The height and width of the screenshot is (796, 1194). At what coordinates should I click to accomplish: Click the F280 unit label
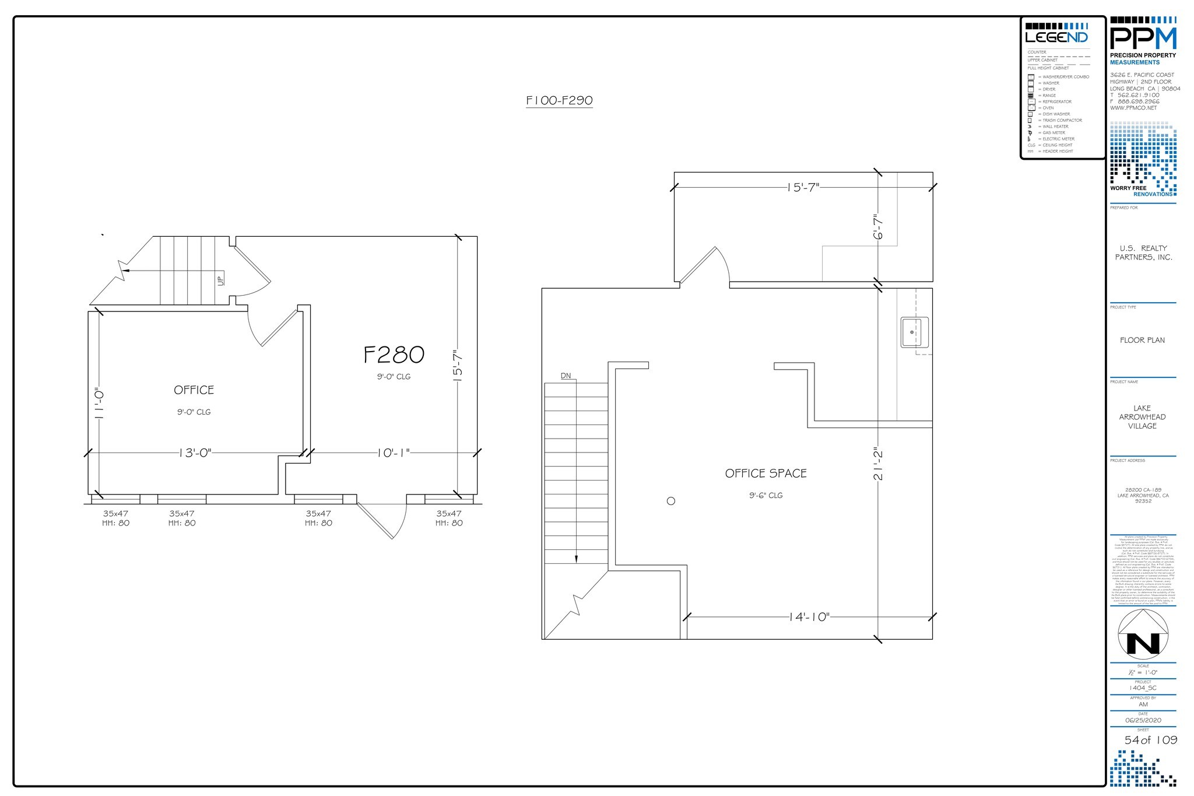point(394,355)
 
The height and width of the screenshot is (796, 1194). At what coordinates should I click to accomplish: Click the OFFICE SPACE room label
point(765,474)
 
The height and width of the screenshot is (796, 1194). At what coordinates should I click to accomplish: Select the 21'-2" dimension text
point(879,464)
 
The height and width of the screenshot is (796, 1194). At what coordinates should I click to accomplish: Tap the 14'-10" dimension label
point(809,617)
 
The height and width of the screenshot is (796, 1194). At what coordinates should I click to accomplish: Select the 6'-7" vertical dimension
point(879,227)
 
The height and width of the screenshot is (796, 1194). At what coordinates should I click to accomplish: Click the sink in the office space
point(914,332)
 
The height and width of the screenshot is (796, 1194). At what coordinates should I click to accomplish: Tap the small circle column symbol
point(671,501)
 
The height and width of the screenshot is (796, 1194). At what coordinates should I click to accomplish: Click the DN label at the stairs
point(566,376)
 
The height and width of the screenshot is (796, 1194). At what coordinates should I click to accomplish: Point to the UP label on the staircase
point(220,280)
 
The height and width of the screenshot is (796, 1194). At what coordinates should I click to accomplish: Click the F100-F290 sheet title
point(559,100)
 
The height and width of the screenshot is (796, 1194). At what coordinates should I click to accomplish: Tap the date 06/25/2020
point(1143,720)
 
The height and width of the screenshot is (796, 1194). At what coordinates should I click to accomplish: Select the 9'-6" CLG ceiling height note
point(765,496)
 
